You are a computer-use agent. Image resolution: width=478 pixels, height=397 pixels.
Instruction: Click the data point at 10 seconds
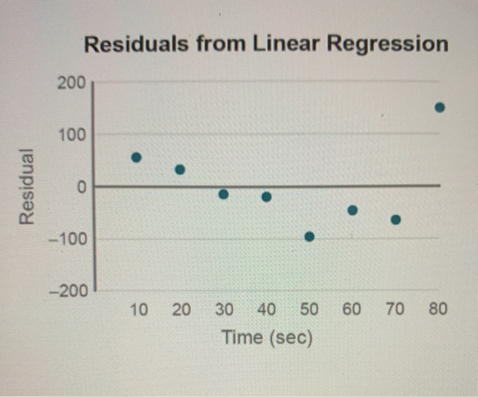[x=137, y=157]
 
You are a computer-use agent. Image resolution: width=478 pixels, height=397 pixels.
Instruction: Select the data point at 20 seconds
[x=180, y=169]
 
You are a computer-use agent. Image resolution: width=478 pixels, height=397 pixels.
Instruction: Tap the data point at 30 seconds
[x=223, y=194]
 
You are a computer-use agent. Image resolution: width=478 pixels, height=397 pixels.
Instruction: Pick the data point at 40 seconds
[x=266, y=197]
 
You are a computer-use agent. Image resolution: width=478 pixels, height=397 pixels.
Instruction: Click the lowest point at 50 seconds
[x=309, y=236]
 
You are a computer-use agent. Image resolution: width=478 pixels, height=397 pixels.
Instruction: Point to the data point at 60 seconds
[x=352, y=210]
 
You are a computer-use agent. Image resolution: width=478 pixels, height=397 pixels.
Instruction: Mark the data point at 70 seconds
[x=395, y=220]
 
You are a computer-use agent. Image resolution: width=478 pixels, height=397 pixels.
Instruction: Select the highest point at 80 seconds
[x=440, y=107]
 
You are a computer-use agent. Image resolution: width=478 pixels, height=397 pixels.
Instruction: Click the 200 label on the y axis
[x=71, y=83]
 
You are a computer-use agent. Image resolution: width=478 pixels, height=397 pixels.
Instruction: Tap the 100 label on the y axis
[x=71, y=135]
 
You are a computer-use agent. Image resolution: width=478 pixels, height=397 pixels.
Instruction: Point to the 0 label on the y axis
[x=80, y=187]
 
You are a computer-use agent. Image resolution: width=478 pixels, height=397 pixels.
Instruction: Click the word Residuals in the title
[x=137, y=45]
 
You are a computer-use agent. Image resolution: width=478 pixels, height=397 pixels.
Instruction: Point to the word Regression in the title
[x=386, y=45]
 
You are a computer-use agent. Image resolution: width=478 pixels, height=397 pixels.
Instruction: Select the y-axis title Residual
[x=27, y=185]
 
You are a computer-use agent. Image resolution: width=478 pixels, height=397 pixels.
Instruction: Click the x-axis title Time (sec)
[x=266, y=337]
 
